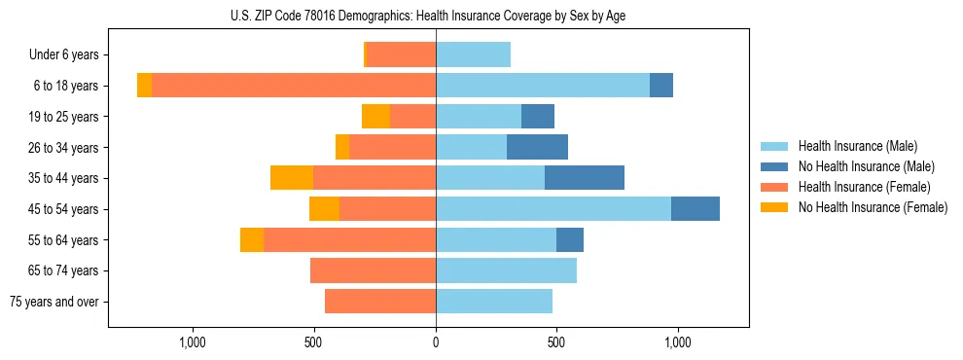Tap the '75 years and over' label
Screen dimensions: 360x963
54,302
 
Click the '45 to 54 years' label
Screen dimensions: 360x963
61,209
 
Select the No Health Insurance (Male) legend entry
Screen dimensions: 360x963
866,166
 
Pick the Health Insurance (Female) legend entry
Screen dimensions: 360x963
864,187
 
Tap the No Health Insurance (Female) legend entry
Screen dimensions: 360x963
872,207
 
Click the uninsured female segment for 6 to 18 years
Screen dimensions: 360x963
144,86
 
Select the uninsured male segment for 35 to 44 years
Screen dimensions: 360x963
585,178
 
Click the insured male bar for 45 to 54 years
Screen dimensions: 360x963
553,209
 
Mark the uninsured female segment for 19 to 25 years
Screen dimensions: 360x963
375,117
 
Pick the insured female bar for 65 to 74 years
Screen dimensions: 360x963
373,270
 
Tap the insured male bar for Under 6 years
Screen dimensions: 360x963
473,55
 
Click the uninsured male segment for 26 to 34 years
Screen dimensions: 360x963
537,147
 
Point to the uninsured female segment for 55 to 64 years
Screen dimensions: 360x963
252,239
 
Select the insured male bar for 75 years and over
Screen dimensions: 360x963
494,302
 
